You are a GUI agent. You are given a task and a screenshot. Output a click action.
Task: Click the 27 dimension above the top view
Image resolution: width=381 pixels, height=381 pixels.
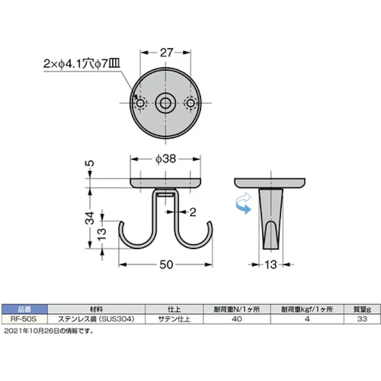coord(166,52)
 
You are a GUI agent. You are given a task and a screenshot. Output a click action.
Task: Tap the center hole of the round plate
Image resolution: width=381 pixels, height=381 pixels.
coord(166,103)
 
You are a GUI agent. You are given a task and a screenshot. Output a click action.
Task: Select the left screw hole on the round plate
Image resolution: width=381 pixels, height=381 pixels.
coord(141,103)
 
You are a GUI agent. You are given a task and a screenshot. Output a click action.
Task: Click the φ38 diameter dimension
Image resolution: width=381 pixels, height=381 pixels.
coord(166,159)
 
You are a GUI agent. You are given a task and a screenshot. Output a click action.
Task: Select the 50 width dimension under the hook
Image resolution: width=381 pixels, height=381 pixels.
coord(166,264)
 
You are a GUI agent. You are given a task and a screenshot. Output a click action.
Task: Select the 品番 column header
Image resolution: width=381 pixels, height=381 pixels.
coord(24,309)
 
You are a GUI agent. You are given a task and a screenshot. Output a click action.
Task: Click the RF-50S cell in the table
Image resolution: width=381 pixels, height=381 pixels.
coord(24,318)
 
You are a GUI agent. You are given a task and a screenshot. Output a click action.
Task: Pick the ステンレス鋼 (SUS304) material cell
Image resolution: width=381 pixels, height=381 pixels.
coord(97,318)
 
